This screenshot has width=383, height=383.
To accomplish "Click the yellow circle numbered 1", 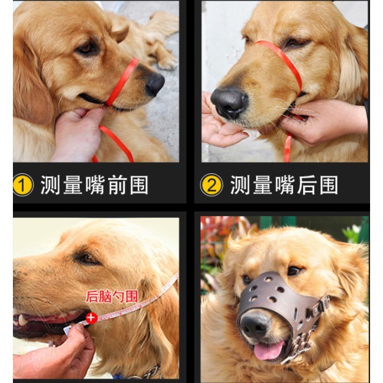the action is [x=23, y=185].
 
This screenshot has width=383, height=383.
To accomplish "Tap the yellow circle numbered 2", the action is [x=211, y=185].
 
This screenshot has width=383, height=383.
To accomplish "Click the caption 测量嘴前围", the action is [x=95, y=185].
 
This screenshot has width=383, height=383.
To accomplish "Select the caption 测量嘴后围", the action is [x=284, y=185].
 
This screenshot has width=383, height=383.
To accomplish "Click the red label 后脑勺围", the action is [x=112, y=296].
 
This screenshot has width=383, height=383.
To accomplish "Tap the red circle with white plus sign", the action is [x=92, y=318].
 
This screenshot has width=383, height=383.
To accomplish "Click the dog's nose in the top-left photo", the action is [x=155, y=85].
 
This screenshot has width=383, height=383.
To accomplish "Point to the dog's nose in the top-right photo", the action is [x=229, y=103].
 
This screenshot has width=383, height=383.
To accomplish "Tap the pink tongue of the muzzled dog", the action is [x=268, y=350].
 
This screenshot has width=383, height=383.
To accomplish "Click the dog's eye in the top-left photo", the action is [x=87, y=48].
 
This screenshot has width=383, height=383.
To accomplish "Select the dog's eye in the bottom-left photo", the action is [x=87, y=258].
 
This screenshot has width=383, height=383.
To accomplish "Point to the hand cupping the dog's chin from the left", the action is [x=220, y=125].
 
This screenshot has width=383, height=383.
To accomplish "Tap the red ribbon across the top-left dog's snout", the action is [x=122, y=82].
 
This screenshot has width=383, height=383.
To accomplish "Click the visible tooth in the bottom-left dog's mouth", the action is [x=22, y=320].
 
